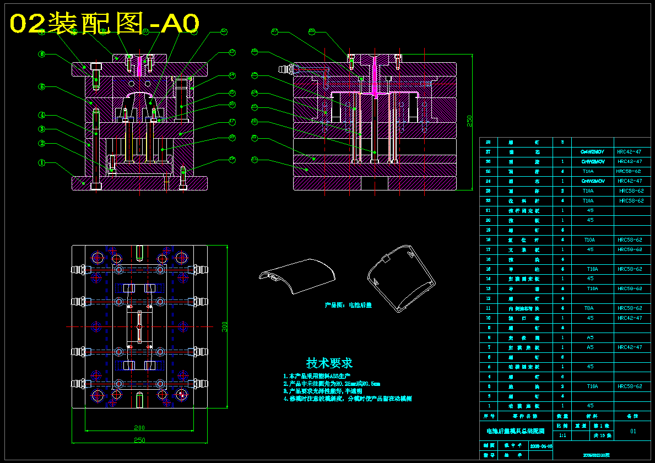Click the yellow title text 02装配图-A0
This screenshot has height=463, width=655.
[x=105, y=23]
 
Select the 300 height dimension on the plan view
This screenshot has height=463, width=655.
[x=225, y=326]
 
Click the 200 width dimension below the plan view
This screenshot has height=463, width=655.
[x=139, y=428]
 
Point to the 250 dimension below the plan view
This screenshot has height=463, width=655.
[x=140, y=440]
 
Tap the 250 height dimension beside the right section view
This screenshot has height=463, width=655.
[x=469, y=121]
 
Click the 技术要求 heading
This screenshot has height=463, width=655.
[x=329, y=363]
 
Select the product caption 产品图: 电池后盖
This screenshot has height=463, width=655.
[x=348, y=305]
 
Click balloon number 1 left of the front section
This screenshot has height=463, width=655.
[x=41, y=162]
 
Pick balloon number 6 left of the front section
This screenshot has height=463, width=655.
[x=41, y=54]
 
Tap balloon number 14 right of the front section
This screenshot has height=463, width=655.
[x=232, y=75]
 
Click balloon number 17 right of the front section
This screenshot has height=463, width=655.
[x=232, y=122]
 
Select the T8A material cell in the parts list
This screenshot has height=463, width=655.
[x=589, y=308]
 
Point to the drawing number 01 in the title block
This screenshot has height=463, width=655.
[x=633, y=431]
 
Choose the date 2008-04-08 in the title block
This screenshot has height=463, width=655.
[x=540, y=445]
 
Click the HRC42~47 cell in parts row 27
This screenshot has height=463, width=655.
[x=629, y=151]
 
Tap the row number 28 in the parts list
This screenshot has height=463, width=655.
[x=488, y=142]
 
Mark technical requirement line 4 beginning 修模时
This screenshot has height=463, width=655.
[x=347, y=399]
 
